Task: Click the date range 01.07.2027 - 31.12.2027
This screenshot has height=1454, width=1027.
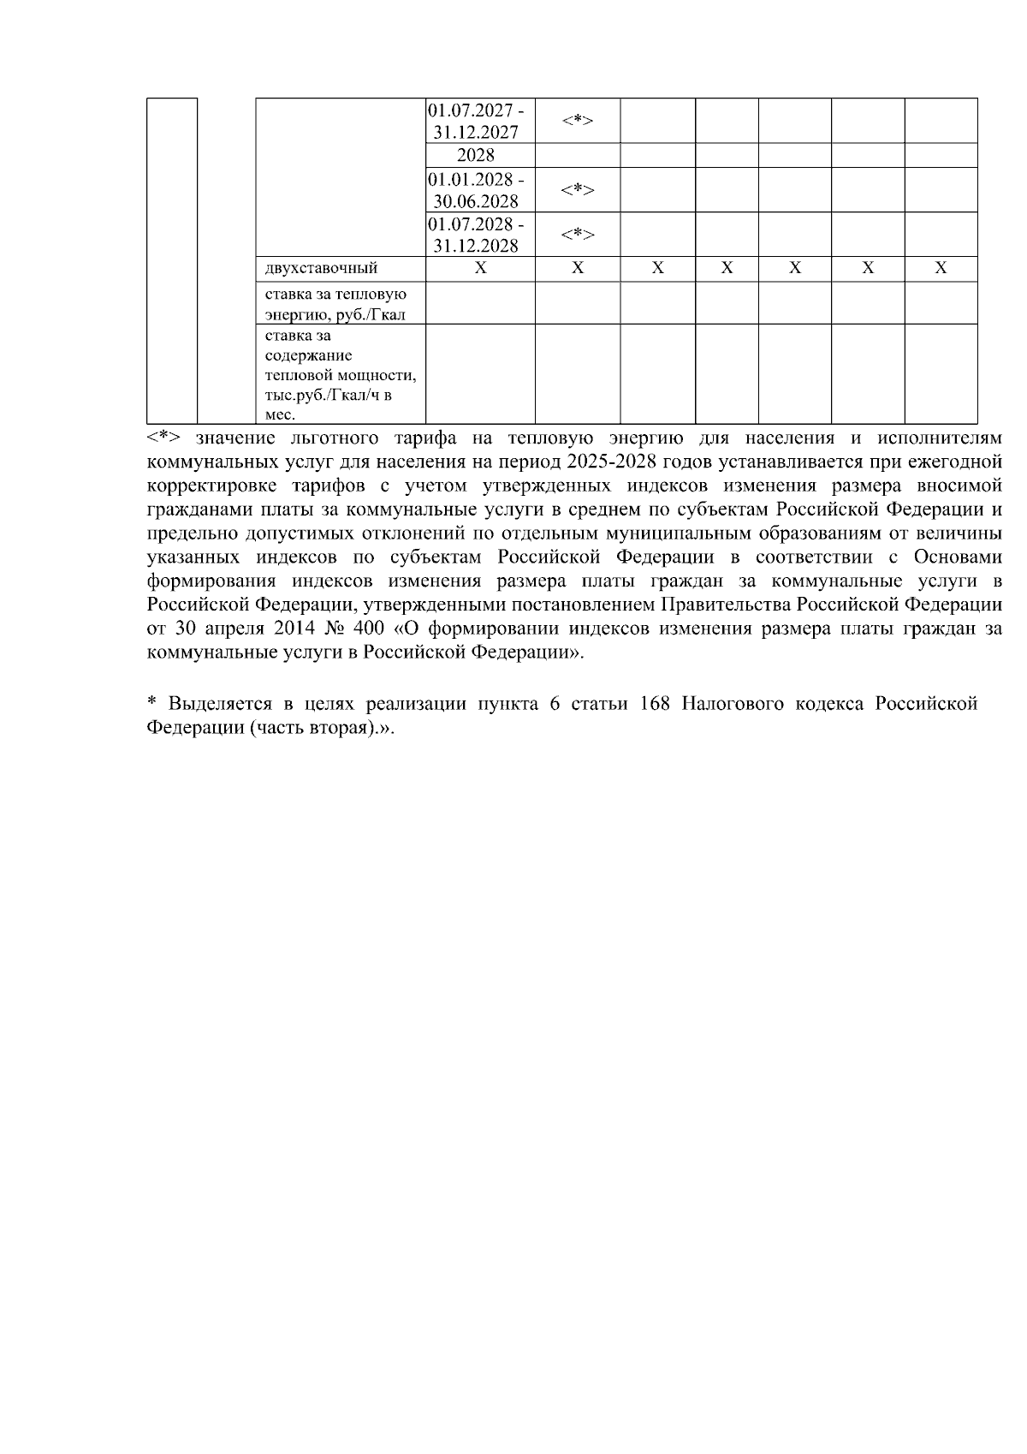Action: (476, 121)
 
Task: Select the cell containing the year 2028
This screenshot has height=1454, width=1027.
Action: (476, 156)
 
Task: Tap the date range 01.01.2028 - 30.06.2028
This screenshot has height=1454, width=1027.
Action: (476, 190)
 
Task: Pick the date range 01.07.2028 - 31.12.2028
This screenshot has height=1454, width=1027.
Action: (476, 235)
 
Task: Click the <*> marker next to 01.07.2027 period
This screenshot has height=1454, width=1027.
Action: (578, 121)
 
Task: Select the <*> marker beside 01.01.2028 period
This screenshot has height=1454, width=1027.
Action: (578, 190)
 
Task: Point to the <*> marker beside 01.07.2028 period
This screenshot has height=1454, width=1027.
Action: (578, 235)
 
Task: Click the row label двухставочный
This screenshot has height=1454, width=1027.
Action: (322, 269)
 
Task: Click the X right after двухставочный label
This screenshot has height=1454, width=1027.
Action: (481, 269)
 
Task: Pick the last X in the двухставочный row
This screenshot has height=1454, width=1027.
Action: (941, 269)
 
